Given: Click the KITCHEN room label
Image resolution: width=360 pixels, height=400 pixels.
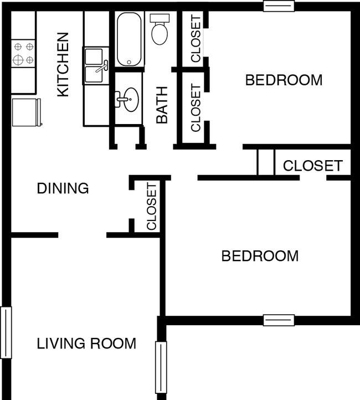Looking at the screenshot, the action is [63, 64].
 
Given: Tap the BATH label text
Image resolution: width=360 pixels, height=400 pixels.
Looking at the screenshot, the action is [162, 105].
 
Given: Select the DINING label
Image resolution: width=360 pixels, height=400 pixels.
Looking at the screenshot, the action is [63, 188].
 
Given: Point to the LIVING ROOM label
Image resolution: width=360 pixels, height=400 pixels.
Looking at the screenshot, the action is [86, 343].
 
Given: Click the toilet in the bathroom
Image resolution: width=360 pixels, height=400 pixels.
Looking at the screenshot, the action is [160, 29].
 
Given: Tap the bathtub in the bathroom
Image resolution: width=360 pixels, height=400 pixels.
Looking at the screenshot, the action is [129, 39].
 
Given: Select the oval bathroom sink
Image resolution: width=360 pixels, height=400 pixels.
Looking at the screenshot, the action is [131, 100].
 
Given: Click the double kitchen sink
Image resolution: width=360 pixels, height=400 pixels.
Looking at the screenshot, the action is [96, 66].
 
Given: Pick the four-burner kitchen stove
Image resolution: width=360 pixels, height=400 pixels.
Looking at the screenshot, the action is [23, 54].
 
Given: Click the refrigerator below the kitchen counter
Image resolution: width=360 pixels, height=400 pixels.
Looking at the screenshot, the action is [26, 112].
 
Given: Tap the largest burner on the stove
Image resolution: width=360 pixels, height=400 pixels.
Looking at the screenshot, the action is [18, 60].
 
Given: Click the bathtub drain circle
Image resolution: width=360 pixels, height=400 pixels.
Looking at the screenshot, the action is [129, 62].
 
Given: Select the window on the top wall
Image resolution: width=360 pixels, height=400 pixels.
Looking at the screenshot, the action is [279, 6].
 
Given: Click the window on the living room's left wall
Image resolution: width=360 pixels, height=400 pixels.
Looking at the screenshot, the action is [6, 332].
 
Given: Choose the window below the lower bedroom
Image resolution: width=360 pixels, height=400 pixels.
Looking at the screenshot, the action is [279, 320].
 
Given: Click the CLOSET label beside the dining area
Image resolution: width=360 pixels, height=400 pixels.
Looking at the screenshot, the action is [151, 207].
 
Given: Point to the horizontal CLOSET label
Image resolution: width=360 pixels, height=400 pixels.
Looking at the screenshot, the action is [312, 166].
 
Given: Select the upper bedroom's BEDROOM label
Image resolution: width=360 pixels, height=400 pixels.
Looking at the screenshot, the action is [284, 80].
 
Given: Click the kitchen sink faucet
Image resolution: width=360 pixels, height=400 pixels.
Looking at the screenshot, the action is [102, 66].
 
